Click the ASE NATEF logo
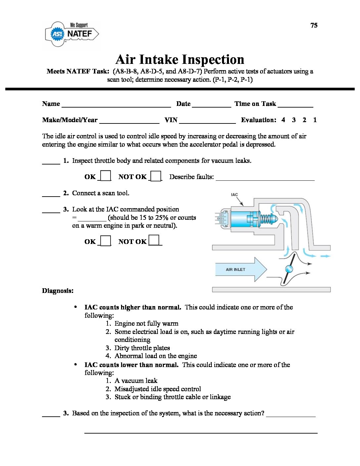pyautogui.click(x=71, y=34)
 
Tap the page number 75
pyautogui.click(x=314, y=25)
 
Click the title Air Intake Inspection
pyautogui.click(x=180, y=59)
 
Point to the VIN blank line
pyautogui.click(x=207, y=123)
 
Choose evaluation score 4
pyautogui.click(x=283, y=120)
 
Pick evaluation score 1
pyautogui.click(x=315, y=120)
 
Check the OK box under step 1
pyautogui.click(x=106, y=176)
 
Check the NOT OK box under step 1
pyautogui.click(x=156, y=176)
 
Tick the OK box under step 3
pyautogui.click(x=106, y=241)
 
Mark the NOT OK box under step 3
pyautogui.click(x=154, y=240)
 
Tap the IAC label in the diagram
pyautogui.click(x=234, y=195)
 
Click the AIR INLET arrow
pyautogui.click(x=241, y=269)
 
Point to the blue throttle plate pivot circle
pyautogui.click(x=289, y=269)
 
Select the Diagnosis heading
pyautogui.click(x=58, y=291)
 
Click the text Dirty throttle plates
pyautogui.click(x=142, y=348)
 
